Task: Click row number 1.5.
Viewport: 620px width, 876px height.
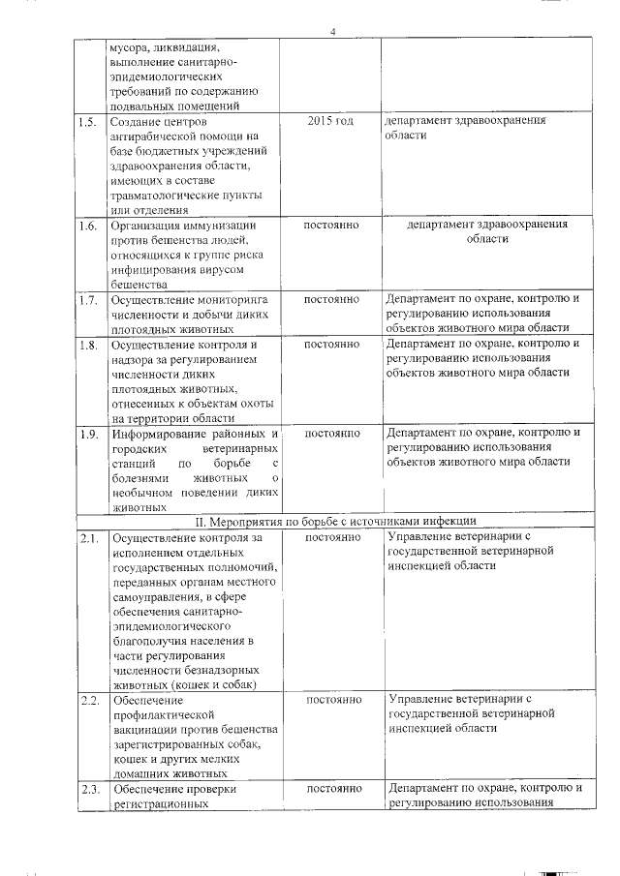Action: [x=87, y=123]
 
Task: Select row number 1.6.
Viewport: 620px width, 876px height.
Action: [x=87, y=227]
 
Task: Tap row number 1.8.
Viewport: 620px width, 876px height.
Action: [x=87, y=345]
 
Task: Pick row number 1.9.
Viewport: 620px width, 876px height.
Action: [x=87, y=434]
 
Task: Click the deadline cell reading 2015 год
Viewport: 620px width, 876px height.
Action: [x=330, y=122]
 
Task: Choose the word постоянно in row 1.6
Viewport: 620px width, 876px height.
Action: [x=331, y=226]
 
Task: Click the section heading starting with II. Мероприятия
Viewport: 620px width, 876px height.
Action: [x=335, y=522]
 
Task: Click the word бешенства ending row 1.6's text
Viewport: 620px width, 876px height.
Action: [x=141, y=285]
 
